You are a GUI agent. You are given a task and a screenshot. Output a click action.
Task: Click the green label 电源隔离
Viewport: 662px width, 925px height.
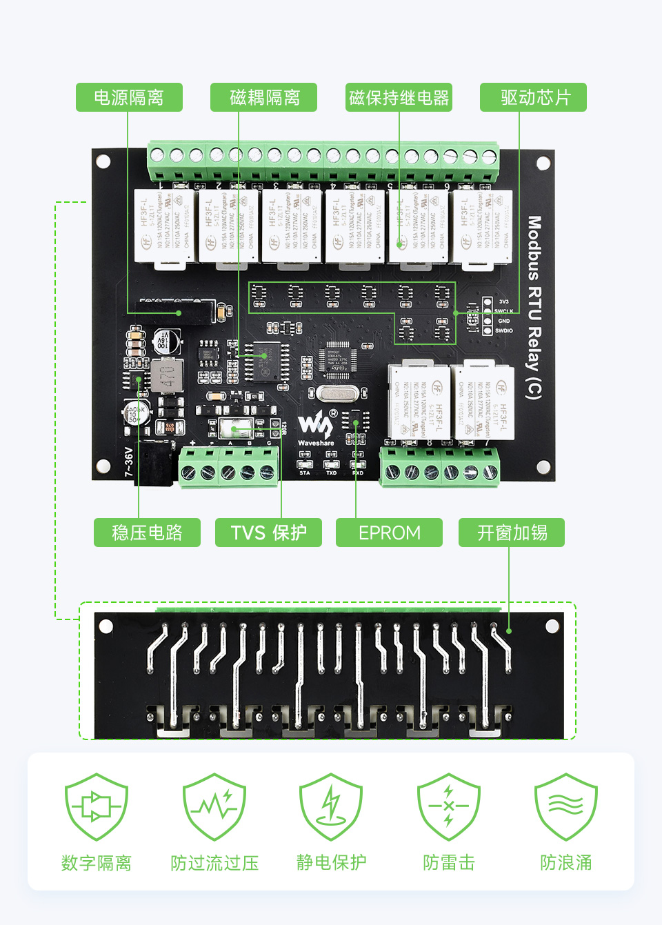click(x=129, y=97)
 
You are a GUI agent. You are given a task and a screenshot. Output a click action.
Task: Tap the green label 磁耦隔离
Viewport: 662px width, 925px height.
click(x=264, y=97)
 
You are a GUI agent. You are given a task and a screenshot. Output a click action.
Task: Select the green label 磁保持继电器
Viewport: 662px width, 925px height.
click(x=399, y=97)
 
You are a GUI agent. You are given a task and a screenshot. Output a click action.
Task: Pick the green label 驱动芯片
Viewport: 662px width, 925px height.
click(x=534, y=97)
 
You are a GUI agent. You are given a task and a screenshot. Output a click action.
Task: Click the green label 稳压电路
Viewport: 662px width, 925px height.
click(x=147, y=533)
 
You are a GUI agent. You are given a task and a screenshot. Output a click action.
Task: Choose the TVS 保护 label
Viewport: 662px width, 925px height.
click(x=268, y=533)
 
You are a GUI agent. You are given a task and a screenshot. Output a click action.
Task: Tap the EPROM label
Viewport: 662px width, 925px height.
click(x=389, y=533)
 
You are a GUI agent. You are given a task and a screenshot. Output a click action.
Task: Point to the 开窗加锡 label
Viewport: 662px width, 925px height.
click(x=512, y=533)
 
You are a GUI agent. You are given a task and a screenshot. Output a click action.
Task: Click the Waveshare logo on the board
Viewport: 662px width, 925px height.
click(x=315, y=429)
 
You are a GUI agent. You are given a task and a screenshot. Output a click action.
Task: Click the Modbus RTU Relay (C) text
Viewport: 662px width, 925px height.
click(x=534, y=308)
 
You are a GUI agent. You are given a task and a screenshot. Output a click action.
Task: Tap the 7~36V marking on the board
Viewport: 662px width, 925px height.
click(x=129, y=461)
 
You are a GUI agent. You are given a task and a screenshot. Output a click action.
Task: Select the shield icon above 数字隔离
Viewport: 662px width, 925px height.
click(x=97, y=806)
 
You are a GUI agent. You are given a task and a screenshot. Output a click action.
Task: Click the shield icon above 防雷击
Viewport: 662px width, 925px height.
click(x=449, y=806)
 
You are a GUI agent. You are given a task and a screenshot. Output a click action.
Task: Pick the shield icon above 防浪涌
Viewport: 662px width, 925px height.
click(x=566, y=806)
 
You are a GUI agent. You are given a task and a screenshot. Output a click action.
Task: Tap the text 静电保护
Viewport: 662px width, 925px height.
click(x=332, y=862)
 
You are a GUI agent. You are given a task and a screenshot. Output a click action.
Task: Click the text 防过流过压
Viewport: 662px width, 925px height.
click(x=214, y=862)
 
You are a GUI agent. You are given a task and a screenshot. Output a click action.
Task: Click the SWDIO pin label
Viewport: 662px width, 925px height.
click(x=504, y=331)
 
